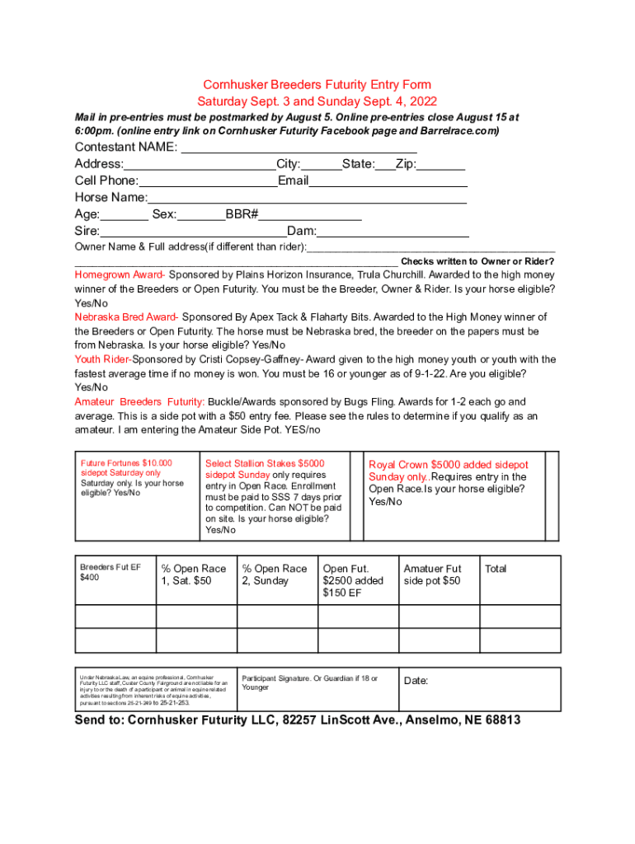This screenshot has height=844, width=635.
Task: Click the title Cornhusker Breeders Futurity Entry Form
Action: (317, 85)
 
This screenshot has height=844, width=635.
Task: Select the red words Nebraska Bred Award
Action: (125, 316)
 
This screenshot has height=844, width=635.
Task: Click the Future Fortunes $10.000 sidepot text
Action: (125, 468)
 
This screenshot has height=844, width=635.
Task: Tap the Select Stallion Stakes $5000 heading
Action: (265, 464)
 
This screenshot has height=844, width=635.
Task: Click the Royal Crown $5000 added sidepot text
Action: (449, 465)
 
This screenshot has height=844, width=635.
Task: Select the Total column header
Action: (496, 569)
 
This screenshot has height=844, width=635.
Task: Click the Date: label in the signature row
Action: (416, 681)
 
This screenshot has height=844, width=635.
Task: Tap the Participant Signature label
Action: (308, 682)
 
